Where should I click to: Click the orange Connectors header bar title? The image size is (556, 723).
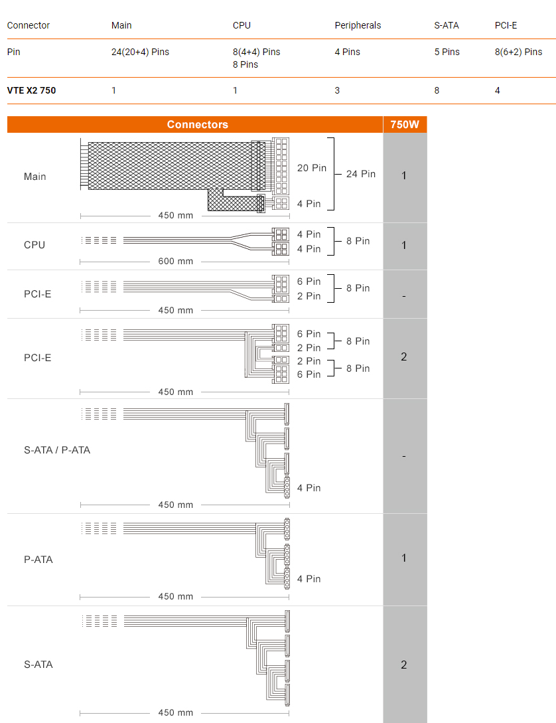coord(197,125)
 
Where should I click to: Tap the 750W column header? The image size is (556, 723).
coord(405,125)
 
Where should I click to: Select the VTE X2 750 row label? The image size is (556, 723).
coord(31,90)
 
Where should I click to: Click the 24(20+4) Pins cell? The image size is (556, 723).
coord(140,52)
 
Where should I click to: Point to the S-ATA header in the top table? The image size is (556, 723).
coord(447,25)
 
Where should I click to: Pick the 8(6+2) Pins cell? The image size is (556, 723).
coord(518,52)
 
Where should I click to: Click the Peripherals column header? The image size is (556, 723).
coord(358,25)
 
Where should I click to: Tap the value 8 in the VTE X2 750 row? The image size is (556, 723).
coord(437,90)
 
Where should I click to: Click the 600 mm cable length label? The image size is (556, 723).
coord(176,261)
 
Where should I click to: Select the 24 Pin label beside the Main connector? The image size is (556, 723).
coord(361,174)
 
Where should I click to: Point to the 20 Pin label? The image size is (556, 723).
coord(311,168)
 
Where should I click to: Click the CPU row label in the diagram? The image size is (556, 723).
coord(35,245)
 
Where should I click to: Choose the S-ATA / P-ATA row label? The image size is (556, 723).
coord(57,450)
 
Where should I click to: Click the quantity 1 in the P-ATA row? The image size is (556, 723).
coord(404,558)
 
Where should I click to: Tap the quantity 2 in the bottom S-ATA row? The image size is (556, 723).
coord(404,665)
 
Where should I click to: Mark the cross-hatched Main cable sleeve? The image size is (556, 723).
coord(171,166)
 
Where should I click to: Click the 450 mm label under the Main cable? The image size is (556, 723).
coord(176,215)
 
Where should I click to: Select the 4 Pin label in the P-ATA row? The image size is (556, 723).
coord(309,579)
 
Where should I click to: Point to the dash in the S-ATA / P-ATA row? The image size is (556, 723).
coord(404,457)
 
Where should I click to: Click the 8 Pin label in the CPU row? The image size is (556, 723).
coord(358,241)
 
